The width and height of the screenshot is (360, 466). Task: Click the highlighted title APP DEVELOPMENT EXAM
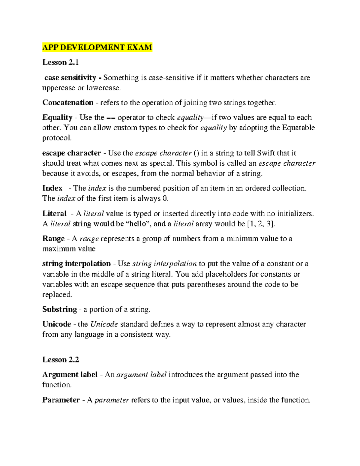97,47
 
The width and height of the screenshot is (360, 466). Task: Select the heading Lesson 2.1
60,62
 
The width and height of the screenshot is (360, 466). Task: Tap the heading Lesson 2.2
60,360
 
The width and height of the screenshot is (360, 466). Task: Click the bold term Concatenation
68,103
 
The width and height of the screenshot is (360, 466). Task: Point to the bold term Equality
57,117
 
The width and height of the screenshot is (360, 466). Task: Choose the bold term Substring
59,309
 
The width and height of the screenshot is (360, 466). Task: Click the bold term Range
53,239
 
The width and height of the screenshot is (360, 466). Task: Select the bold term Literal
54,214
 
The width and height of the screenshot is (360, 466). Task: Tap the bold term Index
52,188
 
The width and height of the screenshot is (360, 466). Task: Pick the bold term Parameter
61,400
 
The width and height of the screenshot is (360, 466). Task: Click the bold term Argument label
70,375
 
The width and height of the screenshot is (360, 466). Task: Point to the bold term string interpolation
76,264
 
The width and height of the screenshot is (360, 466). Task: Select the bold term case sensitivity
70,78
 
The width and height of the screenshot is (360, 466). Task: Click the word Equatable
298,128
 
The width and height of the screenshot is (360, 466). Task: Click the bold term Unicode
56,324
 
